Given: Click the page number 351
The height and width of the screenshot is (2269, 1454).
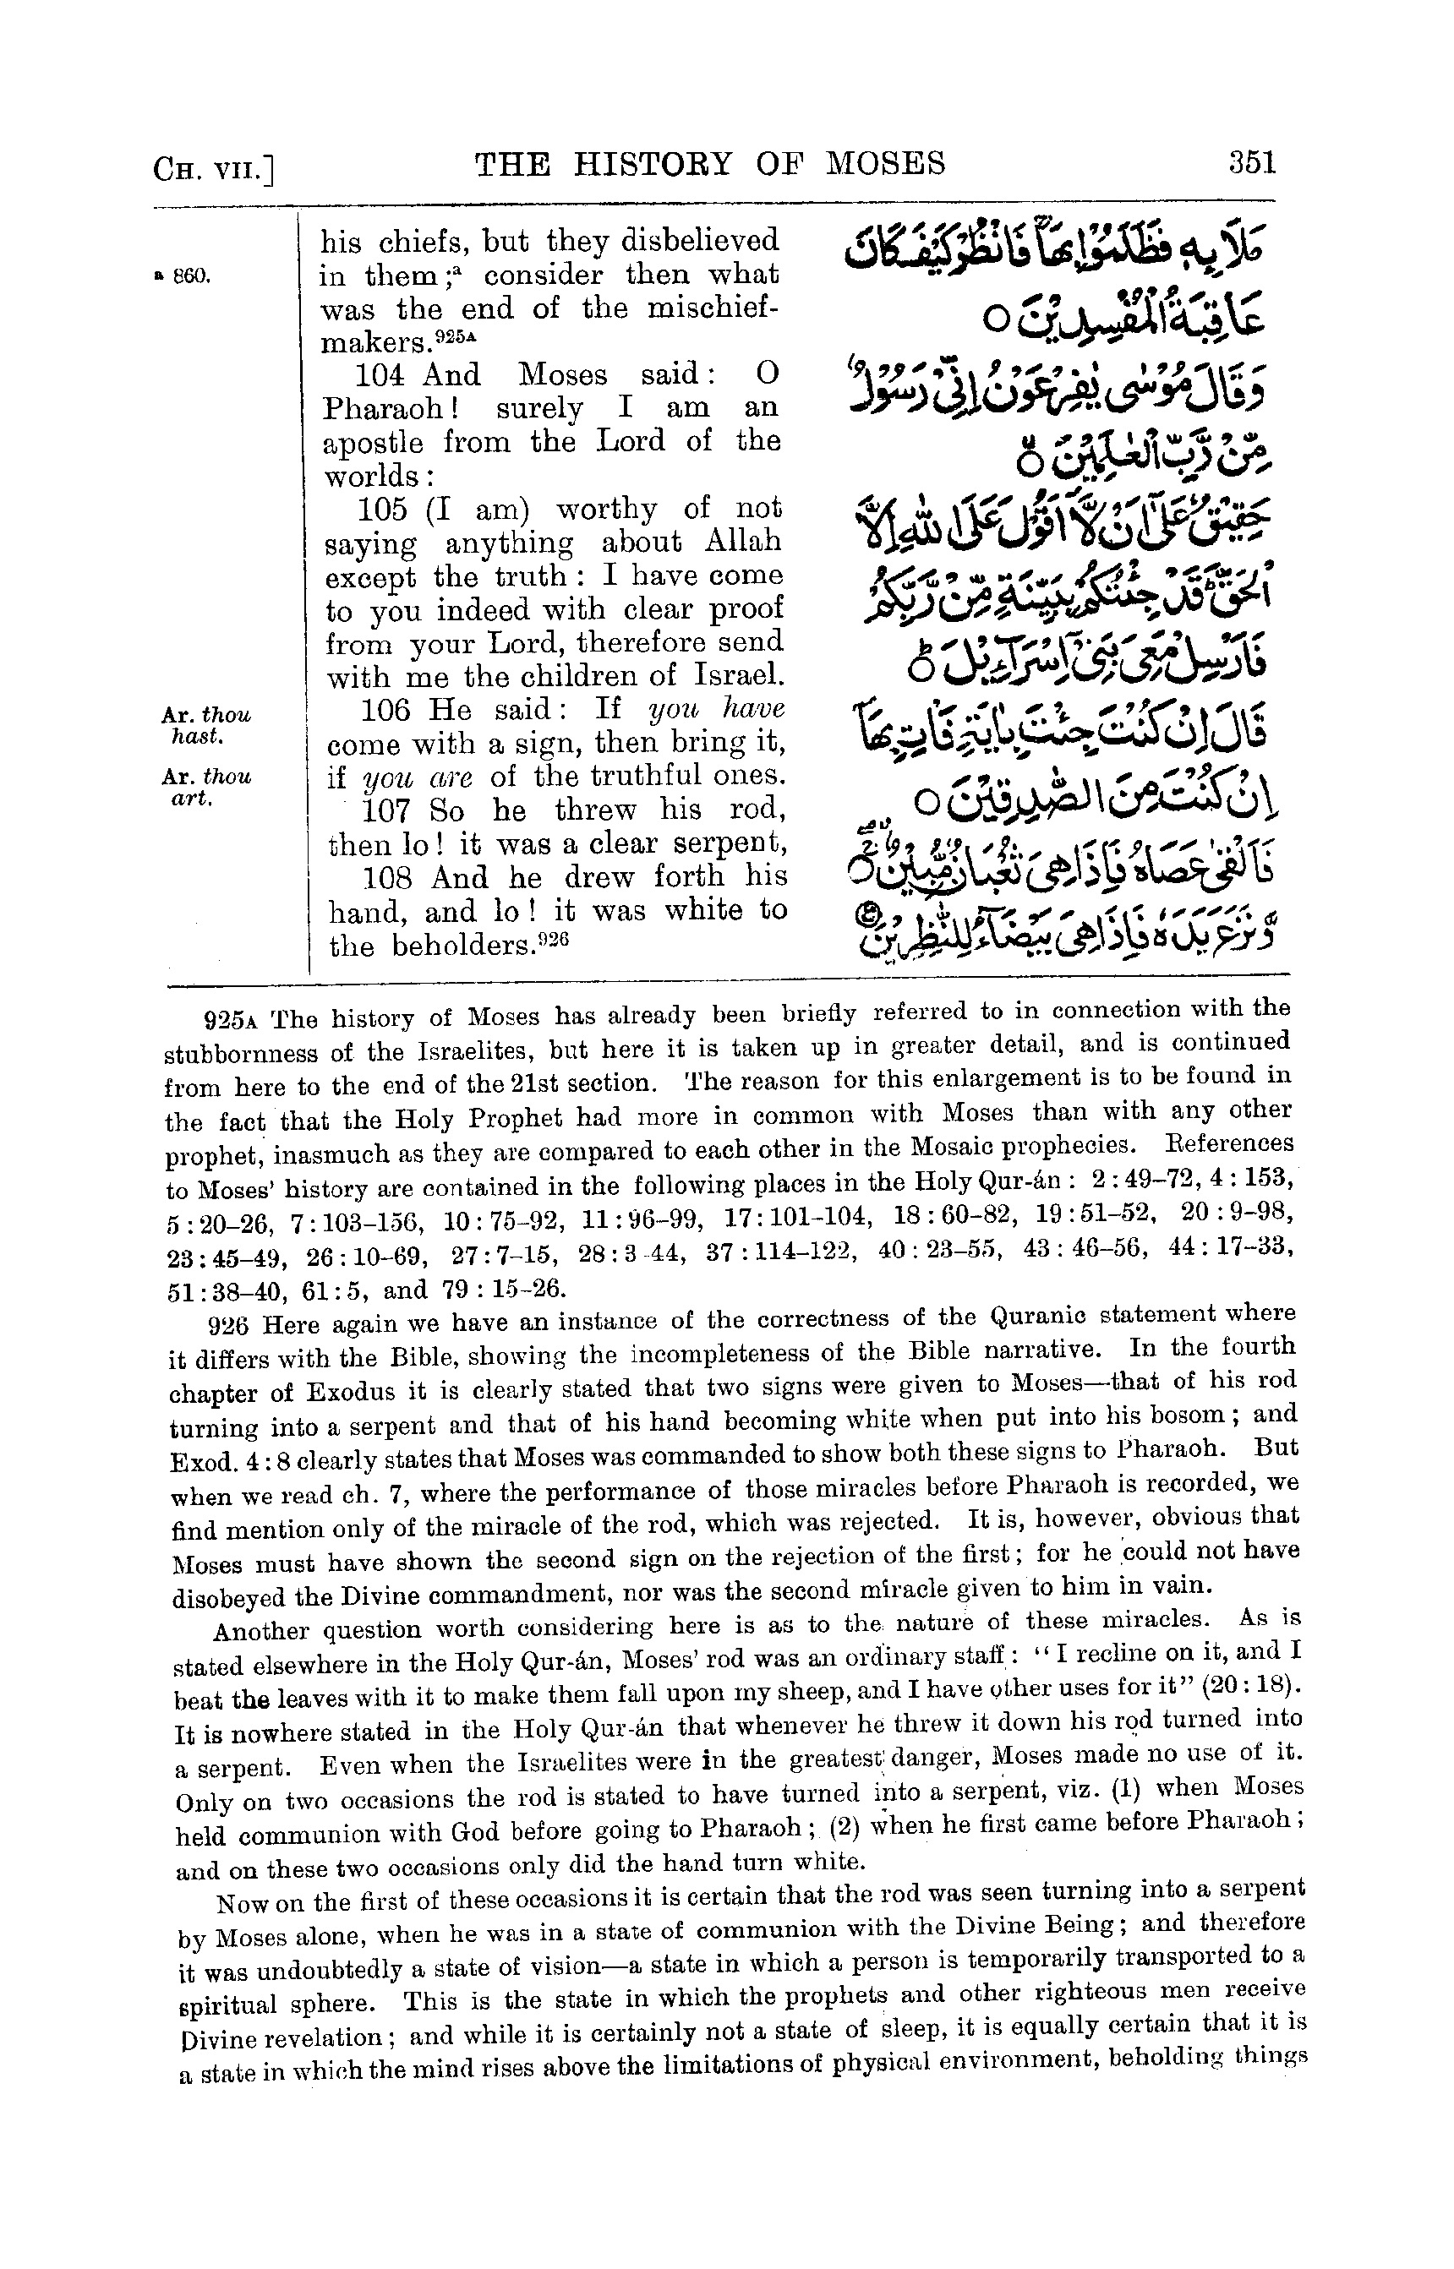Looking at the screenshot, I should (x=1251, y=163).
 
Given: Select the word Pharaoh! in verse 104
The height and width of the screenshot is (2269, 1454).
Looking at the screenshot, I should (x=371, y=410).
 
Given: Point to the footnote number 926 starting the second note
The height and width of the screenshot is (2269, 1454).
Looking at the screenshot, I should (x=227, y=1325).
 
